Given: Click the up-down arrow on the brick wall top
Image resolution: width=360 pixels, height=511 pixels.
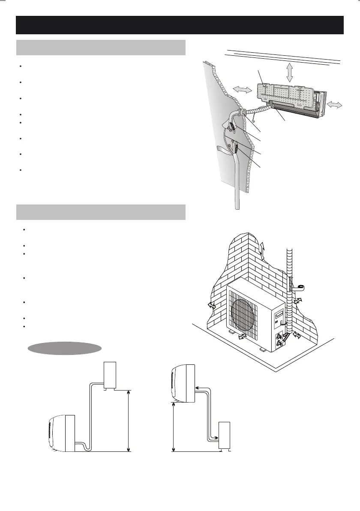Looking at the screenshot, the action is coord(263,249).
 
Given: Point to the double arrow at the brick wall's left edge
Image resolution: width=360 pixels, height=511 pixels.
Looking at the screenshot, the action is coord(210,306).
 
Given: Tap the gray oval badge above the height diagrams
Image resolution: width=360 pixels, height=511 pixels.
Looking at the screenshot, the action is coord(64,348).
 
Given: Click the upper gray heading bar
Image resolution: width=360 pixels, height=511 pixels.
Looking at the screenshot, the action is coord(101,48).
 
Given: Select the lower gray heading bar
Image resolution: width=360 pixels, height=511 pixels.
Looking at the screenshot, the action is coord(101,212).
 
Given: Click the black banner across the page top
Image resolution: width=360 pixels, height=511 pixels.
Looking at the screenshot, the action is coord(180,25).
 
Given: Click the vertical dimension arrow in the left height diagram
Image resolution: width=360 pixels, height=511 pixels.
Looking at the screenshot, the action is coord(129,421).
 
